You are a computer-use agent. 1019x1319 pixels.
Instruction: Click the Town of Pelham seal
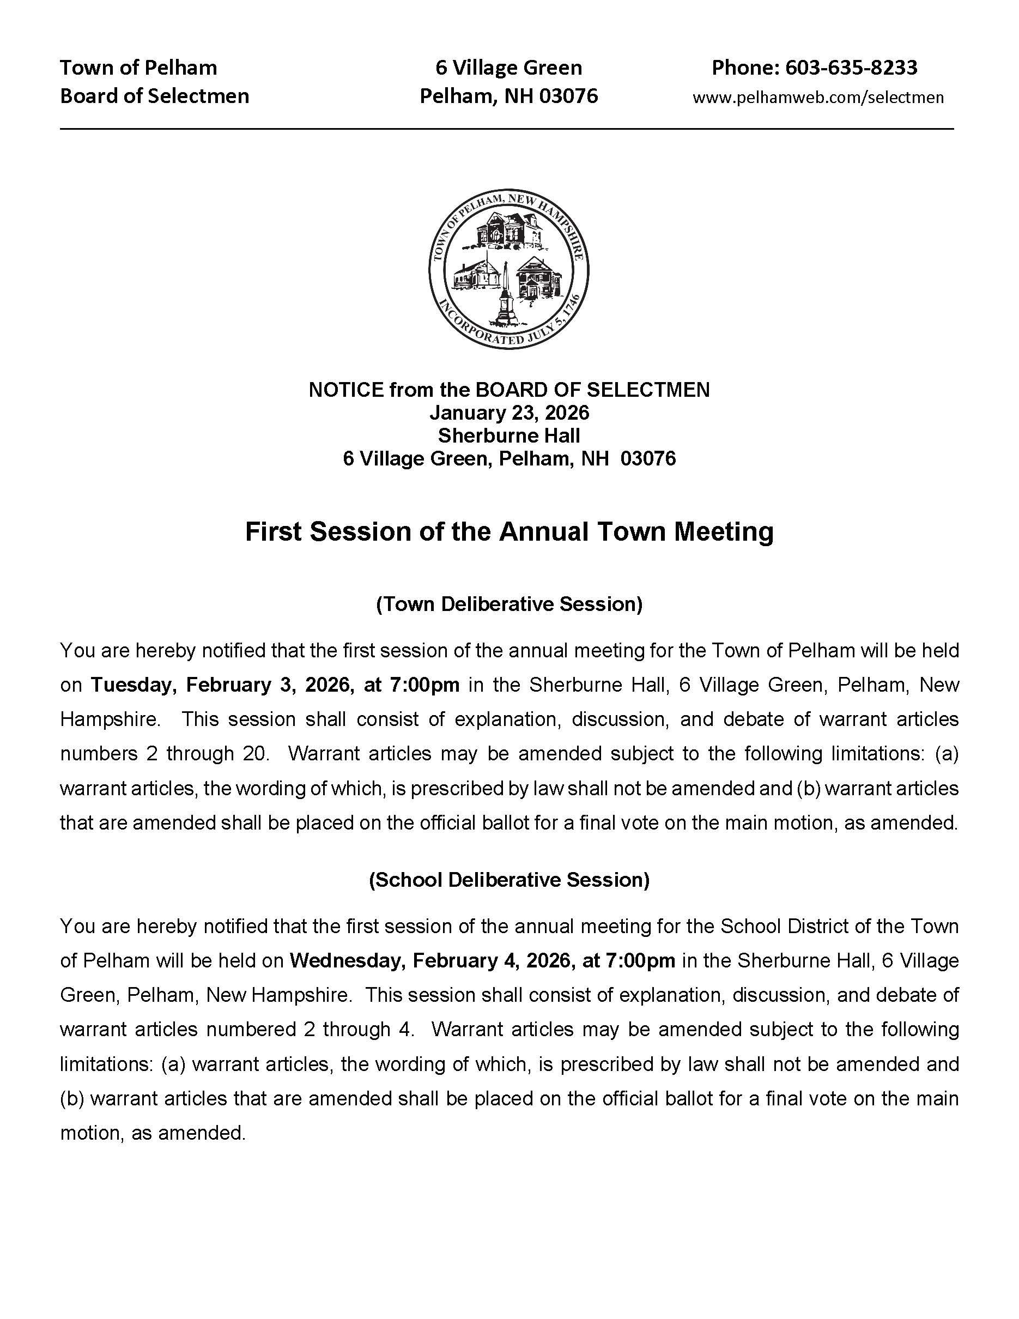508,268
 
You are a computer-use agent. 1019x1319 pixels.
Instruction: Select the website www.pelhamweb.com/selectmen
817,97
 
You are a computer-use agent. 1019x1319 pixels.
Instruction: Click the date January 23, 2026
509,413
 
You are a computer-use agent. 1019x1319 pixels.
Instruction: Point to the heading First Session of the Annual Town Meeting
509,532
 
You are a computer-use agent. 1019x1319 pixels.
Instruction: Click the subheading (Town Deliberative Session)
509,604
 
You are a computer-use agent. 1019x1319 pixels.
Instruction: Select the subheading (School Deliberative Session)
509,880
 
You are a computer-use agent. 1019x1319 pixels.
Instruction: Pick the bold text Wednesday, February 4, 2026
431,961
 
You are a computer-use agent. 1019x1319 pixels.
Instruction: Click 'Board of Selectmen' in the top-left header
155,96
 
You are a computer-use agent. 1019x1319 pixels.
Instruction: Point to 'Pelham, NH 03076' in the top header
508,96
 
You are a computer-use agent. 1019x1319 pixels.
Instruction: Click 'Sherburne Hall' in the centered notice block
509,435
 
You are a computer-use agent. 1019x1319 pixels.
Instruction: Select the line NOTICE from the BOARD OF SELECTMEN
509,390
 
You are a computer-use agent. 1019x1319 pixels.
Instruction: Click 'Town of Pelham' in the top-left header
138,67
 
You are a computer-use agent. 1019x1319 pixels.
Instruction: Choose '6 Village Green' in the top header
508,67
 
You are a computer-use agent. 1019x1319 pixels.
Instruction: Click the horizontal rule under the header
506,129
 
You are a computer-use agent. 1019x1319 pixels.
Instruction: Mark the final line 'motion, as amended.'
153,1133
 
